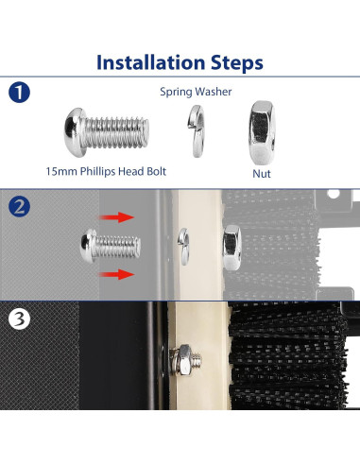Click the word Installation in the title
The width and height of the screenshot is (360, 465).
151,62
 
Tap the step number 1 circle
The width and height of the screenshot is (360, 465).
19,93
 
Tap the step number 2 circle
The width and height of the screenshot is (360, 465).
19,206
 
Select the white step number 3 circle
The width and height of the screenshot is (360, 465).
19,319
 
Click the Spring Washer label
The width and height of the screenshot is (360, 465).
196,92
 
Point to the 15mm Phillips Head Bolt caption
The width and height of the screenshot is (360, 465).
106,171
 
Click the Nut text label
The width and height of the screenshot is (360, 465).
262,174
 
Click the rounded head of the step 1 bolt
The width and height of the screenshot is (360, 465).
75,132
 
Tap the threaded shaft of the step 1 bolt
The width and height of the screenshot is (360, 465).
116,132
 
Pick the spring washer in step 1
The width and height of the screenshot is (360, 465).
196,130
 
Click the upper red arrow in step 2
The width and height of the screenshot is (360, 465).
117,217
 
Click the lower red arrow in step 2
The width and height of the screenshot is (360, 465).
117,274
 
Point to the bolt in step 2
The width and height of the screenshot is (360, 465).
111,246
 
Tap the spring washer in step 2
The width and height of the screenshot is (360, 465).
183,247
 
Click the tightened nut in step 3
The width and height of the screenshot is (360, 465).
180,360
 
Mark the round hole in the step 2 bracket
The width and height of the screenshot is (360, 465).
334,193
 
